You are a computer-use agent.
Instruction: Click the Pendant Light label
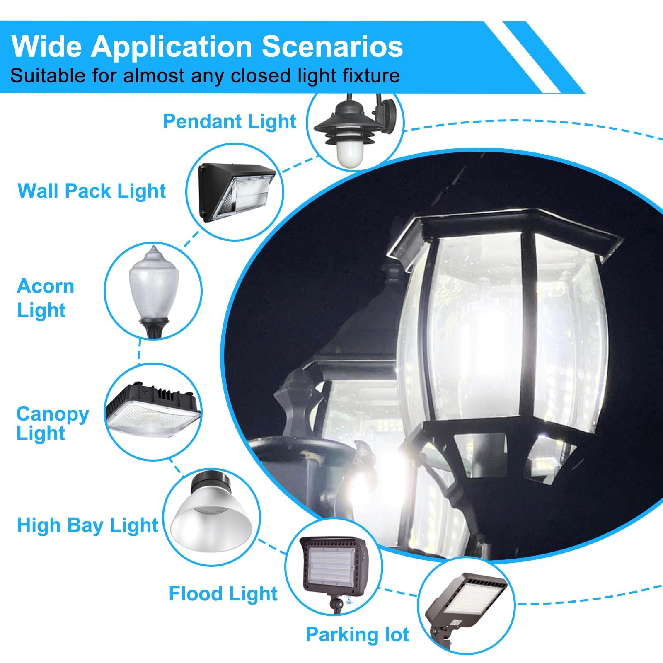tap(230, 121)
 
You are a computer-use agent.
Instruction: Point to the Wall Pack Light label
tap(92, 191)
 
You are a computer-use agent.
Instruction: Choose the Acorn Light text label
tap(46, 298)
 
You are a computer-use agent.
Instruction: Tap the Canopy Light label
tap(53, 423)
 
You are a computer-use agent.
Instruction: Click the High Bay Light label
tap(87, 525)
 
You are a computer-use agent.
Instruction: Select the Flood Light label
tap(223, 593)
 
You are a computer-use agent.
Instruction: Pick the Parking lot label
tap(357, 634)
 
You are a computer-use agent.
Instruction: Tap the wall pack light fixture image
tap(237, 191)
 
